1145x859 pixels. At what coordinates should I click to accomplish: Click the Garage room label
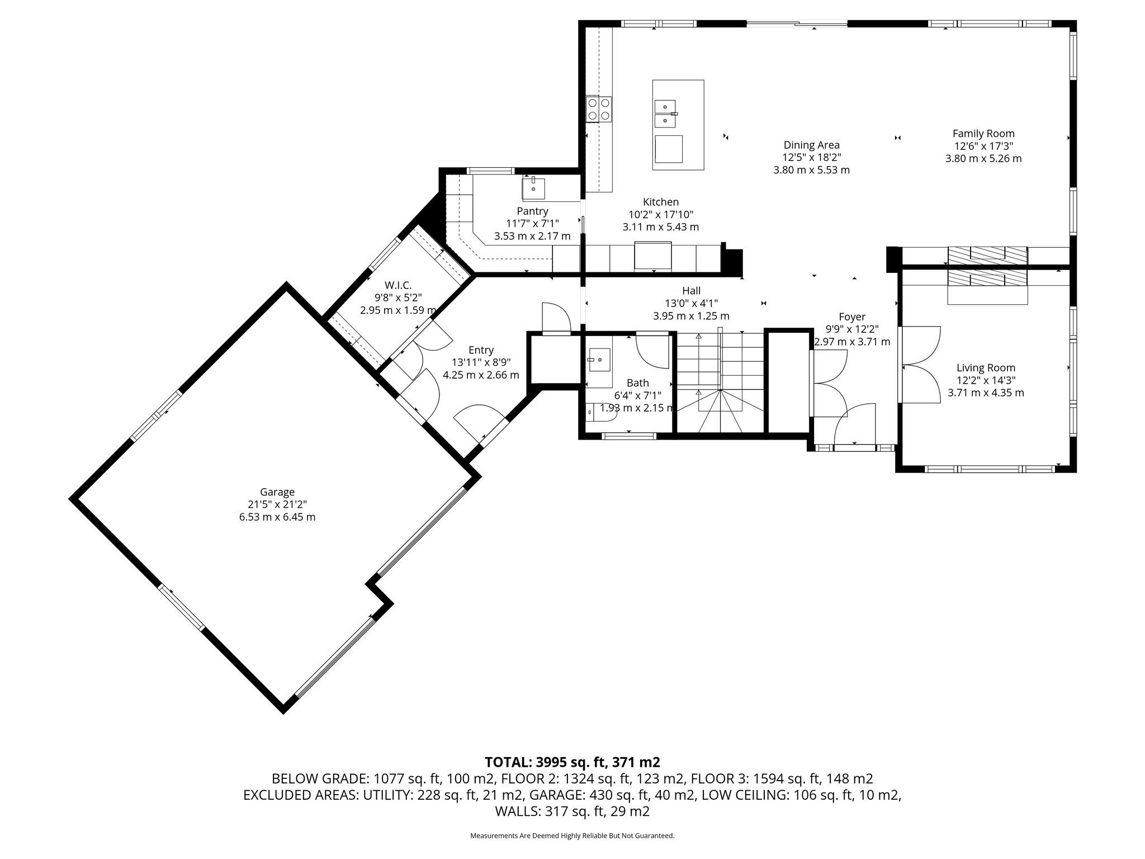pos(277,492)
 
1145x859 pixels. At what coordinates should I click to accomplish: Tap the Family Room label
pos(983,134)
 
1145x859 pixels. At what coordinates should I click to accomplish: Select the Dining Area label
pos(811,145)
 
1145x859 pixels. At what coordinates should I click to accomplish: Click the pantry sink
pos(533,188)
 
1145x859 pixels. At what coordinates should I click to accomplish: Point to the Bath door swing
pos(653,352)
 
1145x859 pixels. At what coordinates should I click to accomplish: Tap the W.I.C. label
pos(398,286)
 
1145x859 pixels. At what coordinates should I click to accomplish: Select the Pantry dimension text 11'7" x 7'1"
pos(532,224)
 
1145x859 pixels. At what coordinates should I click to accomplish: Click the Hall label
pos(691,291)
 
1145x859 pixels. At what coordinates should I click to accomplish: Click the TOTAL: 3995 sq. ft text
pos(572,762)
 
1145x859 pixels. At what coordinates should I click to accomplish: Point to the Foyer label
pos(852,317)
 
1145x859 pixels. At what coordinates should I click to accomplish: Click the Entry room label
pos(481,350)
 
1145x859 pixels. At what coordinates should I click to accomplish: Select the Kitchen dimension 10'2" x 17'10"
pos(660,215)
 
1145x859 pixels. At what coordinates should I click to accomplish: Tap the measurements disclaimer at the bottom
pos(572,836)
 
